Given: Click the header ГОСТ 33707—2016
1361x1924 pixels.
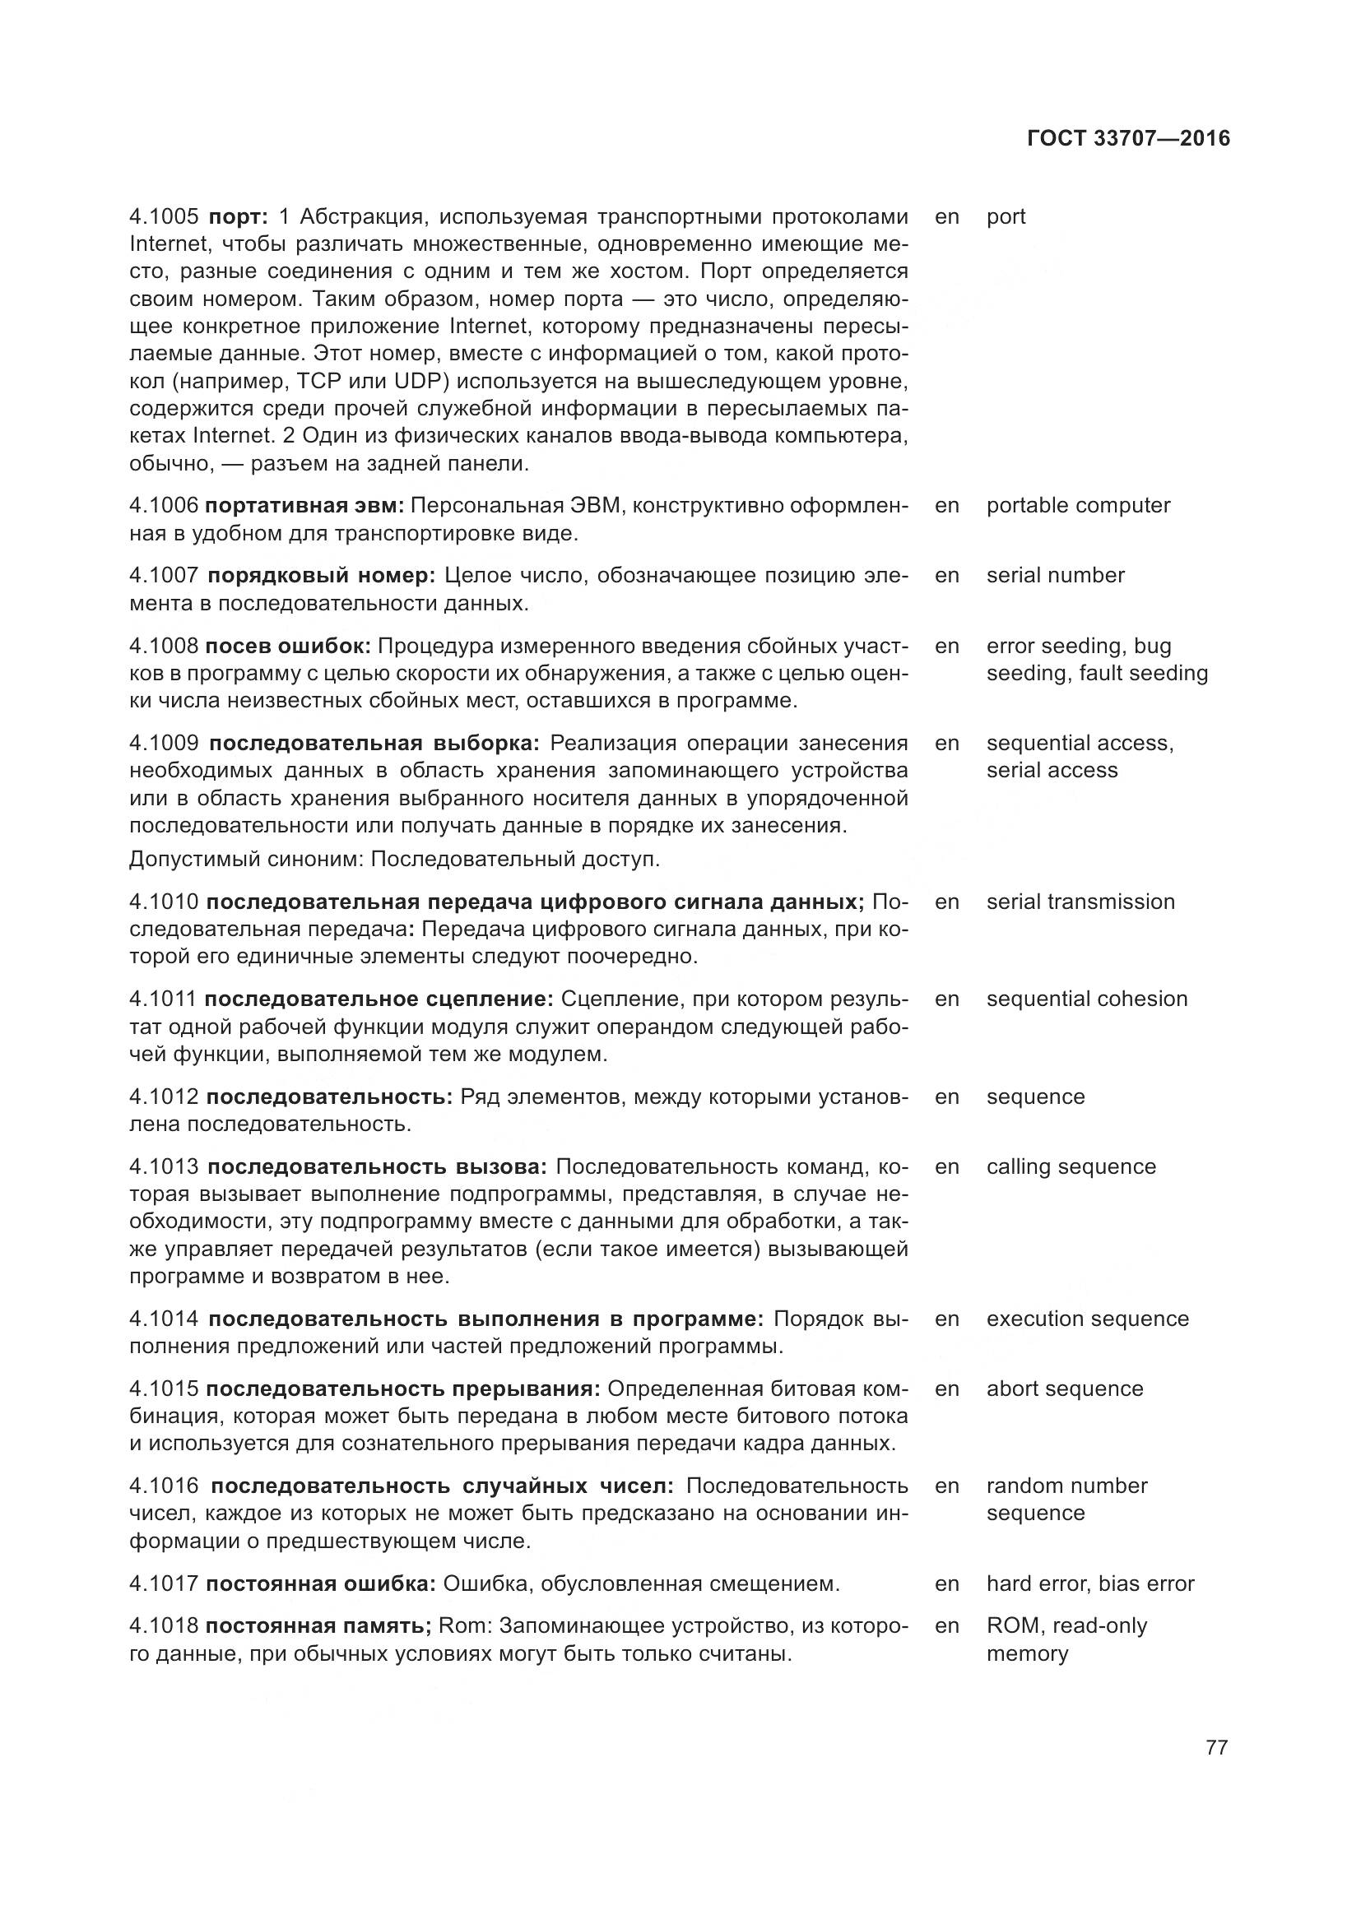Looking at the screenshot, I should point(1128,138).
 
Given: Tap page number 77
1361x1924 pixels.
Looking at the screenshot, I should point(1216,1747).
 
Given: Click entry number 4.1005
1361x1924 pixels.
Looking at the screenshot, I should point(165,217).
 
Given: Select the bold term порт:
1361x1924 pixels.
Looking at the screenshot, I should point(238,217).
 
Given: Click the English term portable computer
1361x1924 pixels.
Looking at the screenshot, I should point(1078,505).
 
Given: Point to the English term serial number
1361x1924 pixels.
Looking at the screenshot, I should point(1055,575).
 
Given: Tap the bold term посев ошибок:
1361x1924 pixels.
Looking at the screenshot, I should point(287,646).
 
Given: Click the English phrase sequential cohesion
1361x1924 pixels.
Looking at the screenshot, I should point(1087,999).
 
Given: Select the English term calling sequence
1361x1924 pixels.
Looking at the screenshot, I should point(1071,1166).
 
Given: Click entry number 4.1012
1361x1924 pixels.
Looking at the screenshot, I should point(165,1097).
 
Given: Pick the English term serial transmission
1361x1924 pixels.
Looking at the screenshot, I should point(1080,902).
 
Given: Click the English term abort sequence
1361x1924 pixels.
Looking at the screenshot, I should point(1064,1389).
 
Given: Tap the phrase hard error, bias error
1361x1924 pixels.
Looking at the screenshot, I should point(1090,1583).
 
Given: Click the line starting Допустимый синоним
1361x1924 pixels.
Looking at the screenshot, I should point(395,860).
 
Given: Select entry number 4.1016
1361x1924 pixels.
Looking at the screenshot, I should point(165,1486).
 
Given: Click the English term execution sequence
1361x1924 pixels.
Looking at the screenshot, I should point(1088,1319).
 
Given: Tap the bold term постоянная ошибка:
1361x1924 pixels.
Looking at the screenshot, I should point(320,1583).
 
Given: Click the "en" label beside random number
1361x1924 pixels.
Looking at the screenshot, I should point(947,1486).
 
